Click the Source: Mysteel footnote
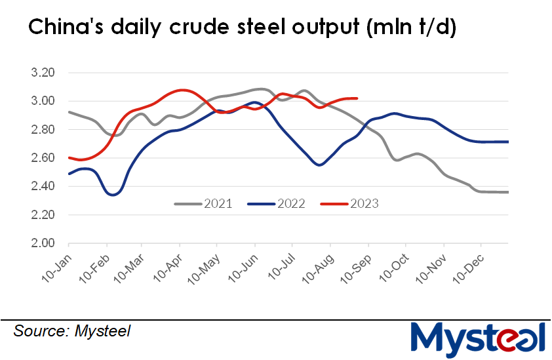[71, 331]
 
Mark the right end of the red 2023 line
[357, 98]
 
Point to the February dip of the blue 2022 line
[111, 195]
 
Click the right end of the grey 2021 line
[508, 192]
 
